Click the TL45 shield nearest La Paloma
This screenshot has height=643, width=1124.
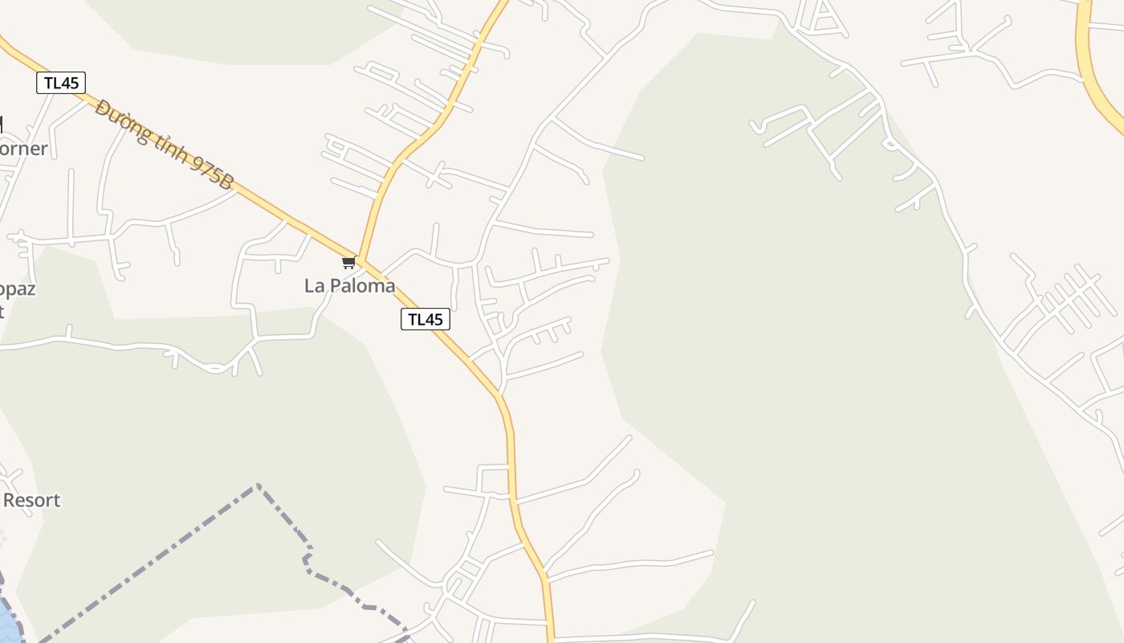pos(425,319)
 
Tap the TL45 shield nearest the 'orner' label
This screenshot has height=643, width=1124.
pos(61,83)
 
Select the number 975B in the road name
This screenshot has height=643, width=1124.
pos(212,174)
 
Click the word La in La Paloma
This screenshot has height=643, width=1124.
pos(314,285)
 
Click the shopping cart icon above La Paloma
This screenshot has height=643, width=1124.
pos(348,263)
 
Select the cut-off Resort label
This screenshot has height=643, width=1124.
pos(31,500)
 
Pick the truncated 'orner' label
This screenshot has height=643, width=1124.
pos(23,149)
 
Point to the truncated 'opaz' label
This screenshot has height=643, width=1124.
pos(18,289)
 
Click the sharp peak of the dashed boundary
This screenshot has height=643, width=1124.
pos(257,485)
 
